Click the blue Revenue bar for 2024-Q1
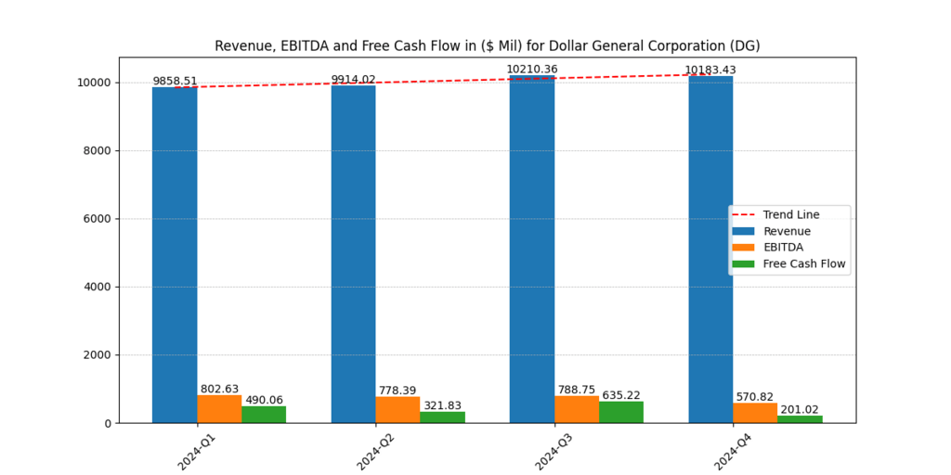[x=175, y=255]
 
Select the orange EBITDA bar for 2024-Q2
[x=397, y=410]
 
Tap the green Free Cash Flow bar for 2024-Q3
[x=621, y=412]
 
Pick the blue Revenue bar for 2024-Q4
[x=710, y=250]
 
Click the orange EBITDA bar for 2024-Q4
[x=755, y=413]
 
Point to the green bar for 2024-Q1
[x=264, y=415]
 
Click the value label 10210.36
[x=531, y=70]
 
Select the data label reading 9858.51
[x=175, y=82]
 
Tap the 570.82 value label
[x=755, y=397]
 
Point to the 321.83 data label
[x=442, y=405]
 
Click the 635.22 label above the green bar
[x=621, y=395]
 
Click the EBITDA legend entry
[x=783, y=248]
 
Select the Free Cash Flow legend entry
[x=804, y=263]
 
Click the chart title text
[x=488, y=45]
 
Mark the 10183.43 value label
[x=710, y=71]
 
